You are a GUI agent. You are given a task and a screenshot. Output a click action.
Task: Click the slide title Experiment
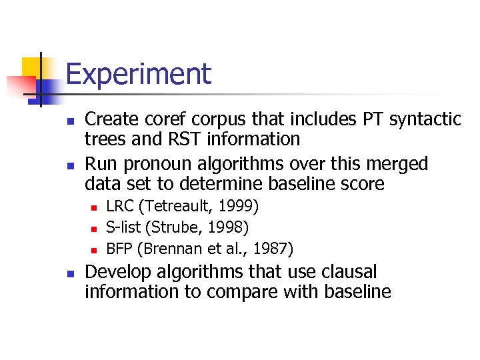pos(138,74)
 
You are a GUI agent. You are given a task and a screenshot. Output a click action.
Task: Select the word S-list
pos(126,228)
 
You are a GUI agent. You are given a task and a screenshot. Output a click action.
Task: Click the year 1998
pos(229,228)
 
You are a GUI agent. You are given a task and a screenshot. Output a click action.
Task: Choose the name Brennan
pos(166,249)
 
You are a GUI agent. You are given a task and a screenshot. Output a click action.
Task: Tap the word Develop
pos(117,273)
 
